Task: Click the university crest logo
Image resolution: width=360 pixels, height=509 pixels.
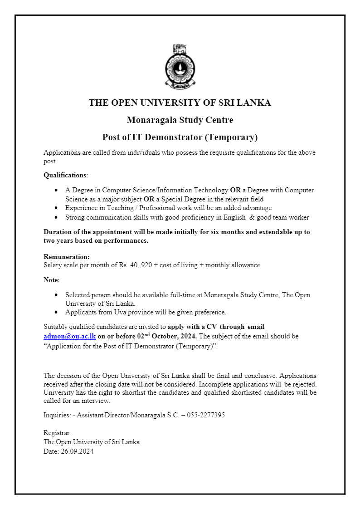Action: pos(180,67)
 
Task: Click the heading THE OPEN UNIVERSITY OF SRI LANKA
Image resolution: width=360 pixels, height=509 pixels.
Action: pos(180,103)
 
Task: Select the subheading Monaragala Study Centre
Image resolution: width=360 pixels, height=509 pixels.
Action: pos(180,120)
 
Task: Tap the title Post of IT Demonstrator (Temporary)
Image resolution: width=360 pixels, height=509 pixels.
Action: pos(180,137)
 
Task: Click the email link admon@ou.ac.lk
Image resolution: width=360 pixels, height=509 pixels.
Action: pos(69,337)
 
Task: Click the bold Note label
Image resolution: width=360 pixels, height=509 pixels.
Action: pos(51,280)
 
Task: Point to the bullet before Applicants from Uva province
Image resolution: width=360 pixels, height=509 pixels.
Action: pos(56,312)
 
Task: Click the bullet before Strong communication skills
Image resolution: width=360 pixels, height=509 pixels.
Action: pos(56,218)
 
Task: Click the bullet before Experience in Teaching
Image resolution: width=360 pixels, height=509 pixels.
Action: pos(56,208)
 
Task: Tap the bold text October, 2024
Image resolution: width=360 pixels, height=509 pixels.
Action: pos(174,337)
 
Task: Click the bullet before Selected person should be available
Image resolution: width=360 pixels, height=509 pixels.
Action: pos(56,295)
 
